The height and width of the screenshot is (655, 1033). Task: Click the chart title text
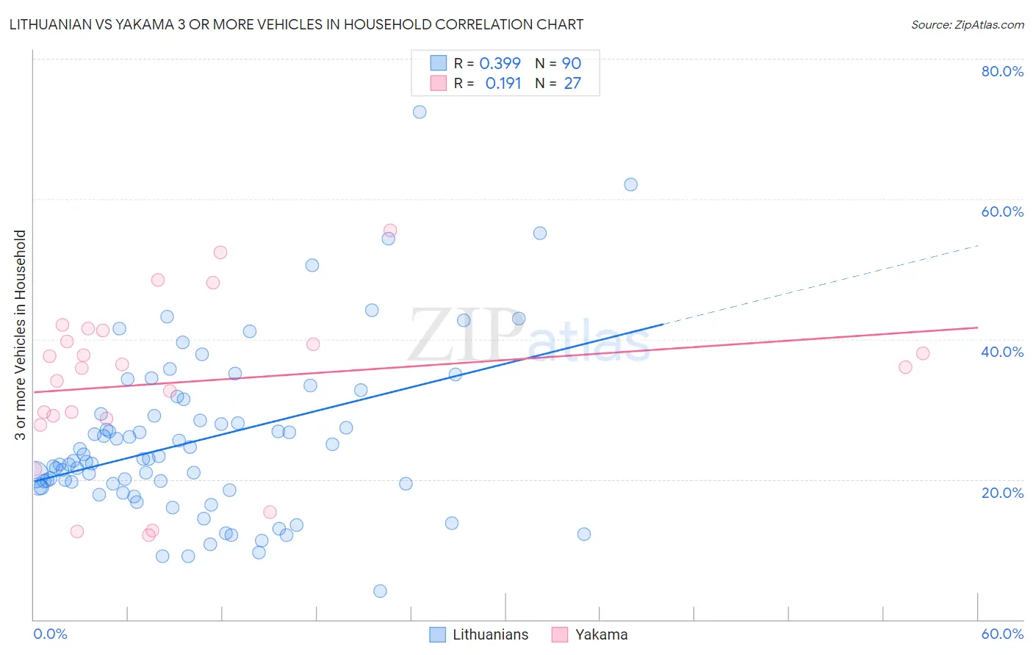click(x=296, y=24)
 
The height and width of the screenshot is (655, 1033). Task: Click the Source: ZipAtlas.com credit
click(x=967, y=25)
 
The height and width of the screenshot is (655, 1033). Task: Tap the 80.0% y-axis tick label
click(x=1002, y=71)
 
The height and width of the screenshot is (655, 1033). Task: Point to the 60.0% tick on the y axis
click(x=1002, y=211)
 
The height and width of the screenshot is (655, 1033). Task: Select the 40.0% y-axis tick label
click(x=1002, y=352)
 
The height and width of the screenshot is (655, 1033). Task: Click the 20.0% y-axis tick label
click(x=1002, y=492)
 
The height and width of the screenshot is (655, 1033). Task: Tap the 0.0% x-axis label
click(x=50, y=634)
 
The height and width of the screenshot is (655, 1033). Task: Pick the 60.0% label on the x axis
click(x=1002, y=634)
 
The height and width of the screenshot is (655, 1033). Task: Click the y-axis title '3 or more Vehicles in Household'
click(x=21, y=335)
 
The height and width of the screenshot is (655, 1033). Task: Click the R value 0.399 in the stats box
click(x=500, y=64)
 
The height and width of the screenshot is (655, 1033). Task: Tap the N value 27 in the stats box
click(x=572, y=84)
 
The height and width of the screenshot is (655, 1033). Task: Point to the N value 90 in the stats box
click(x=572, y=64)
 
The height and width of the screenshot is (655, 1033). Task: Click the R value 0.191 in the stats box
click(x=503, y=84)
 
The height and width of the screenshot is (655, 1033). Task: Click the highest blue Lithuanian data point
click(x=420, y=112)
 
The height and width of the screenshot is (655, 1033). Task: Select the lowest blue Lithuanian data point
click(x=380, y=591)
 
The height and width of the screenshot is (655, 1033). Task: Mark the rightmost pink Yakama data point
click(x=923, y=353)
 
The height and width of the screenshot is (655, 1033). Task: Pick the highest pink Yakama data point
click(x=390, y=231)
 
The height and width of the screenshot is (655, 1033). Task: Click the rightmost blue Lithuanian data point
click(x=630, y=184)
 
